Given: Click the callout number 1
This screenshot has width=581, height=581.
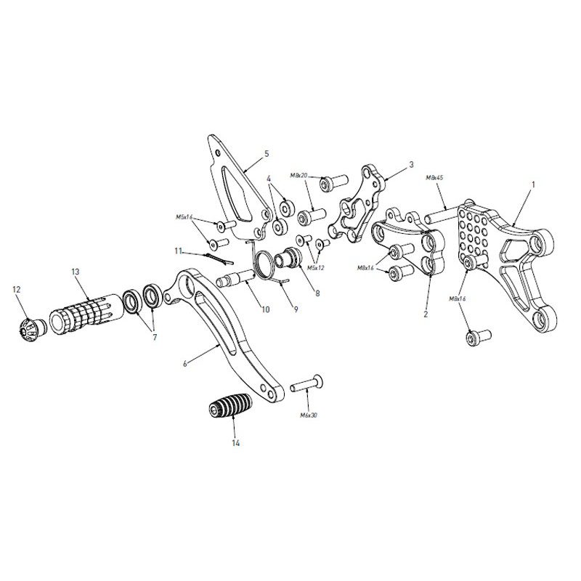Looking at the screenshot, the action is [x=534, y=184].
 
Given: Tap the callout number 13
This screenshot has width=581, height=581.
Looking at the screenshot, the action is [x=76, y=272].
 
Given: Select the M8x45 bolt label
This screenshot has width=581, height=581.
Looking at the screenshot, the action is [x=434, y=177].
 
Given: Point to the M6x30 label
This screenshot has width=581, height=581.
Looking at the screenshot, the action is [x=309, y=415].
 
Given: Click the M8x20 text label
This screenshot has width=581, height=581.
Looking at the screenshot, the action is [x=299, y=175].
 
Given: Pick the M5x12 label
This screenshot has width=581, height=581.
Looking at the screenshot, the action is [x=315, y=267].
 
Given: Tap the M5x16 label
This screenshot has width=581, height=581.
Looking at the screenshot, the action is [x=184, y=217].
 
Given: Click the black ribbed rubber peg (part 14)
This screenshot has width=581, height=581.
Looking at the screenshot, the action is [x=229, y=405].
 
